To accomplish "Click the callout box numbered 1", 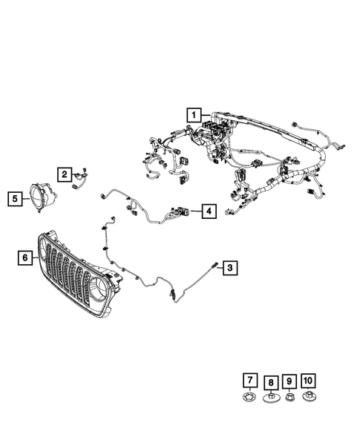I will pyautogui.click(x=193, y=115).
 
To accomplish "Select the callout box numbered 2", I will pyautogui.click(x=65, y=174).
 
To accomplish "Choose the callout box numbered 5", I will pyautogui.click(x=14, y=198).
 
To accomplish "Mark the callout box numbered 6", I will pyautogui.click(x=24, y=257).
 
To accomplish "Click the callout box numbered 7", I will pyautogui.click(x=250, y=381).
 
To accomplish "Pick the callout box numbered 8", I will pyautogui.click(x=271, y=383).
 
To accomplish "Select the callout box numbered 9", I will pyautogui.click(x=289, y=381).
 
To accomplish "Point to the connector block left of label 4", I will pyautogui.click(x=183, y=212).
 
